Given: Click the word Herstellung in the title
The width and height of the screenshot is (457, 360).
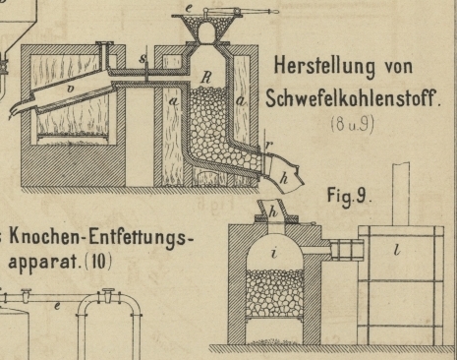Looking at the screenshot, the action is tap(324, 67).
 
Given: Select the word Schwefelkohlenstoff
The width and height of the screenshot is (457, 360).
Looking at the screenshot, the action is tap(353, 97).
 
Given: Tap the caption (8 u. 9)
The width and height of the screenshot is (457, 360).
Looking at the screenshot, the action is tap(352, 125).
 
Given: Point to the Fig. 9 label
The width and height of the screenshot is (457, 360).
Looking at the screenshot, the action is tap(349, 197).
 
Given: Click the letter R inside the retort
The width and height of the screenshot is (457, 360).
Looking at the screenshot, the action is tap(206, 78).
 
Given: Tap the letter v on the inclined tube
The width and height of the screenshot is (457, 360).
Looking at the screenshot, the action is tap(71, 88).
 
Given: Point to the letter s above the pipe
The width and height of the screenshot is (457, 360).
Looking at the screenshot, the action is tap(143, 58).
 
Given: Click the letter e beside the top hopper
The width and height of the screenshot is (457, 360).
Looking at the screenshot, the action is tap(189, 8).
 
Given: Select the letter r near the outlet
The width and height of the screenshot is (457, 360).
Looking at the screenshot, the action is tap(268, 145).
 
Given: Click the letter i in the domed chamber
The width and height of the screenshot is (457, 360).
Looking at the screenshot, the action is tap(274, 253).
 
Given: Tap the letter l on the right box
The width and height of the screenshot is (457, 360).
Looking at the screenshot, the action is tap(397, 250).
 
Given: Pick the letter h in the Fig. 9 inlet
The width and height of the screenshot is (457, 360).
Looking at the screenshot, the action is tap(273, 212).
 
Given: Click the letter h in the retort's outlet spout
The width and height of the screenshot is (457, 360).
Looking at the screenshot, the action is tap(284, 179).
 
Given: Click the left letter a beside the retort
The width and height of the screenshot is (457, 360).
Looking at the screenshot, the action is tap(174, 101).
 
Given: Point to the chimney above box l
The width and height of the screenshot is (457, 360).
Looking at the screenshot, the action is tap(401, 194).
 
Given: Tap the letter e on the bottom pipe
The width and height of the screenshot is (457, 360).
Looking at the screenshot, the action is tap(57, 307).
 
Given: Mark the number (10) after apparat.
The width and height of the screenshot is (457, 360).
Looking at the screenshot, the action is tap(98, 262).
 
